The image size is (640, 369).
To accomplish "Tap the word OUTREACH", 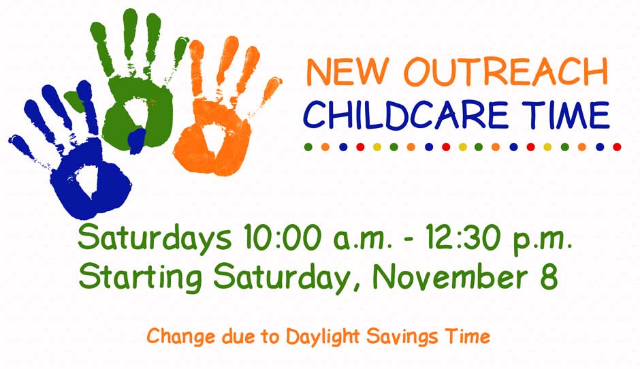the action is (x=506, y=72).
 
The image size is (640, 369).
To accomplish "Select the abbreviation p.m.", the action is (x=542, y=242).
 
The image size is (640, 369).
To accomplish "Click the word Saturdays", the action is (x=155, y=239).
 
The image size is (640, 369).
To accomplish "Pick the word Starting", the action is (x=140, y=278).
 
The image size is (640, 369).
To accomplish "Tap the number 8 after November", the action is (x=549, y=276).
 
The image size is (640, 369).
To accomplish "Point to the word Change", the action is (x=181, y=337).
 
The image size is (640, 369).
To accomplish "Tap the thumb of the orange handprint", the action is (x=270, y=90).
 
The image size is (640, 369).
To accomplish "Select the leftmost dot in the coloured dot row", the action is (x=308, y=147).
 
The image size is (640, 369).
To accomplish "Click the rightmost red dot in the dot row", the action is (x=617, y=147).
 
